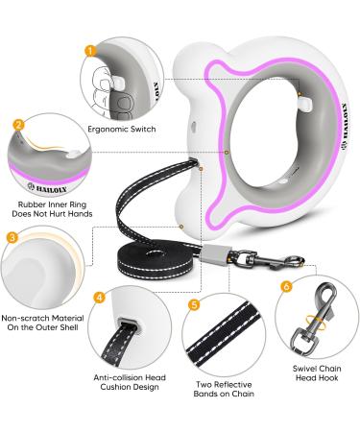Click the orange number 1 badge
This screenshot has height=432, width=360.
click(x=89, y=53)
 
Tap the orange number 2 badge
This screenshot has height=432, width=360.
click(x=18, y=125)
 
